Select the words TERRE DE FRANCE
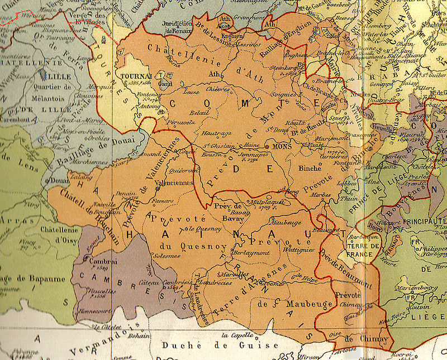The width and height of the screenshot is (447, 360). (359, 251)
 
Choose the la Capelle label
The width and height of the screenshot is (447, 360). (235, 335)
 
